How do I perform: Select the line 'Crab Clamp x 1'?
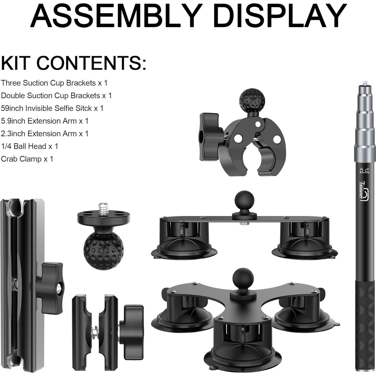[27, 159]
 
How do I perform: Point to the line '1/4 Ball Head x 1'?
[29, 146]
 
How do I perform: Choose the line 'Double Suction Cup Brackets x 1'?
[56, 96]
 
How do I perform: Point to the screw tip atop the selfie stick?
[363, 83]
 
